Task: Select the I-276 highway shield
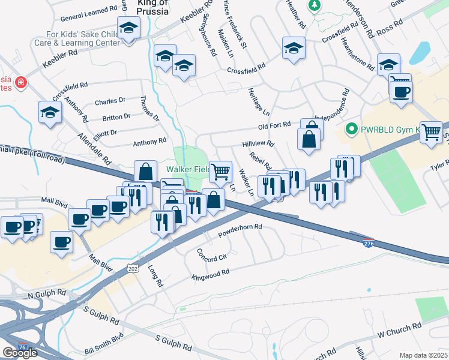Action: [x=369, y=242]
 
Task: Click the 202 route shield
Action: [x=133, y=269]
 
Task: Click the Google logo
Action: [x=19, y=353]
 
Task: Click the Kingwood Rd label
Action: [x=210, y=275]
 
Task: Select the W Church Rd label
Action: [x=399, y=329]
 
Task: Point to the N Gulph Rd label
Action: [x=47, y=295]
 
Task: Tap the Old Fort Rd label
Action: [x=274, y=127]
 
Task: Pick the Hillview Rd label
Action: [x=258, y=144]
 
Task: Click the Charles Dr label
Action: [x=110, y=101]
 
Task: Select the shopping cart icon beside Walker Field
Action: [x=220, y=171]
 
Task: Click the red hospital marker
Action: [x=20, y=82]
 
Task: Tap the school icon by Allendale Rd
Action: [x=50, y=112]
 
